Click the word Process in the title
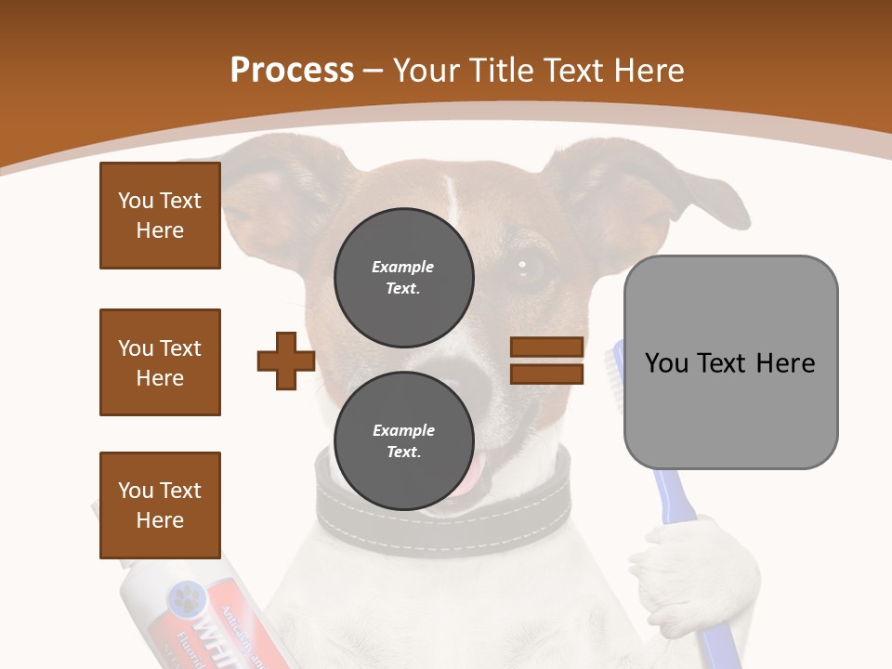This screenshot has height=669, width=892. point(292,71)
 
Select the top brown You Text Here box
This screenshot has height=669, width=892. point(160,216)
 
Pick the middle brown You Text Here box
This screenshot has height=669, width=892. point(160,362)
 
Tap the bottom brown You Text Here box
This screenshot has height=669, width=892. point(160,505)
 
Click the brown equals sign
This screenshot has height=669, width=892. point(546,361)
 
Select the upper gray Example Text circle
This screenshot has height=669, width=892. point(403,277)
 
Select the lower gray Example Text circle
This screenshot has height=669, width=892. point(403,440)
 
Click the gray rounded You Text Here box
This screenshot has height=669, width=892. point(730,362)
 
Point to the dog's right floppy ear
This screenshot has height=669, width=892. point(641,186)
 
